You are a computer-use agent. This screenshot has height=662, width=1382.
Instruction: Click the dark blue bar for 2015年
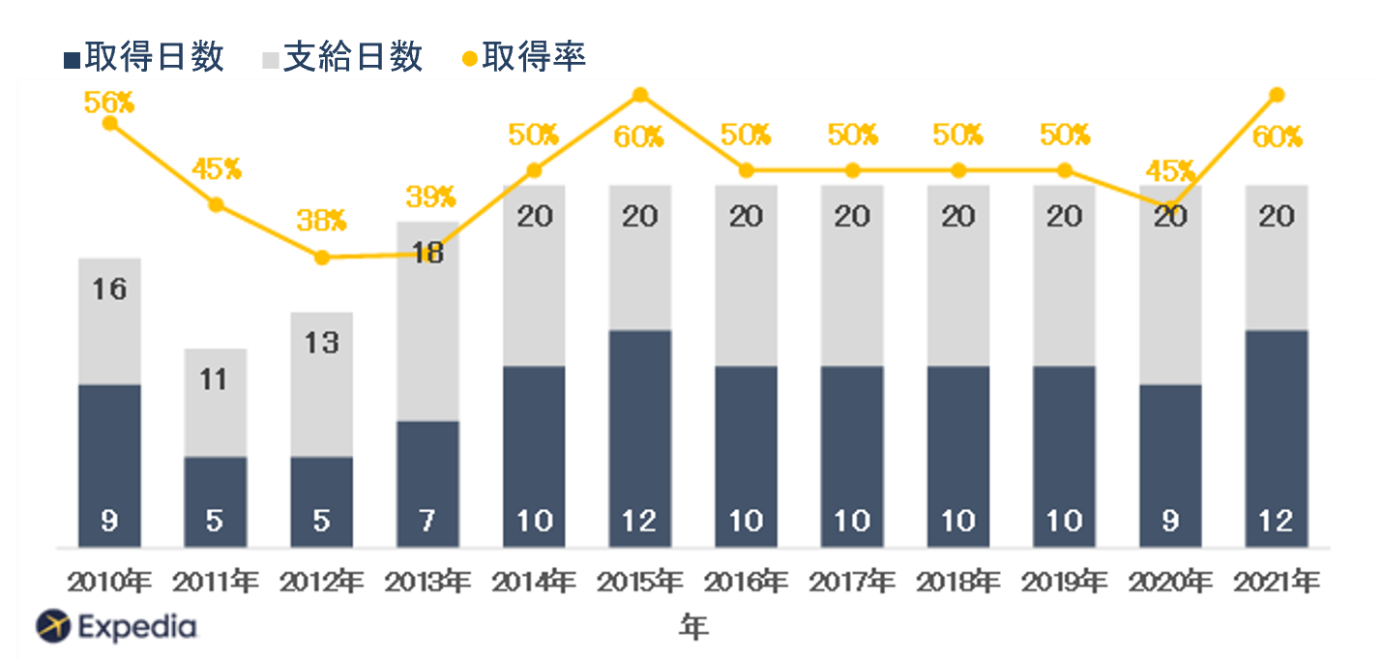point(639,436)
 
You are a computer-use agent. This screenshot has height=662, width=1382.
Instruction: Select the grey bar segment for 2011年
point(215,402)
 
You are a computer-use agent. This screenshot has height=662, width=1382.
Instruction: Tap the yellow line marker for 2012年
point(322,257)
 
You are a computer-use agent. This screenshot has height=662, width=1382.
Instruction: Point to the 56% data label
point(108,103)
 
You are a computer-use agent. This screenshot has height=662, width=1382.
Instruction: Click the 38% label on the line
point(322,221)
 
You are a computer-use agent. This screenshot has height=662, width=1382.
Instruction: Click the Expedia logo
point(116,627)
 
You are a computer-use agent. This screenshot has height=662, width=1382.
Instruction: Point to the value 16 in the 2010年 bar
point(109,288)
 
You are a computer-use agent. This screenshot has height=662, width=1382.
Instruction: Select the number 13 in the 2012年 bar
point(322,343)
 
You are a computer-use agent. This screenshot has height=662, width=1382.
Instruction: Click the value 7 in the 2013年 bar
point(427,521)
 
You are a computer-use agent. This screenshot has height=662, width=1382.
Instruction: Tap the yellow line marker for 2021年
point(1277,95)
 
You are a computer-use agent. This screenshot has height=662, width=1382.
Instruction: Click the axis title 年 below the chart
point(692,627)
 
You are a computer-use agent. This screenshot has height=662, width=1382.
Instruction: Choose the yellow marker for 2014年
point(534,170)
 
